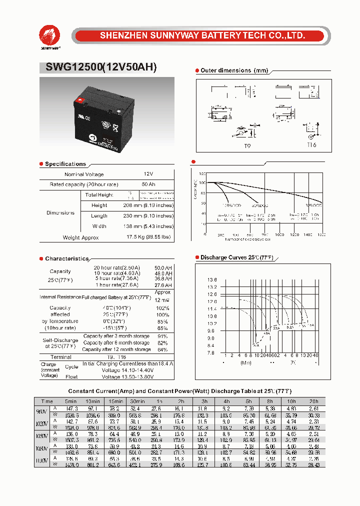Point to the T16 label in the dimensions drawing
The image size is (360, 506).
click(x=311, y=145)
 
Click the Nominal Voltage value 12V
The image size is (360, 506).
click(x=148, y=174)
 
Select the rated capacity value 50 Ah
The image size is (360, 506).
click(x=148, y=184)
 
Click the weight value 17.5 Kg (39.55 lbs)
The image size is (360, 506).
click(x=148, y=237)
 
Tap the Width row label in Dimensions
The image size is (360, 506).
click(x=99, y=226)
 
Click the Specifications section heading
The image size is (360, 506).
click(x=65, y=164)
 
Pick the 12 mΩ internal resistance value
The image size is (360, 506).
click(x=162, y=300)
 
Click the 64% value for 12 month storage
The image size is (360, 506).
click(x=162, y=349)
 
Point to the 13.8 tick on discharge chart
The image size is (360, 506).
click(x=212, y=279)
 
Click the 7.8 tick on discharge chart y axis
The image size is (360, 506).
click(x=212, y=352)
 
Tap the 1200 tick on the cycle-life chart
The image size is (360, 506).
click(x=294, y=234)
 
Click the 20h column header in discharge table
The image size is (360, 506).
click(x=314, y=401)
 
